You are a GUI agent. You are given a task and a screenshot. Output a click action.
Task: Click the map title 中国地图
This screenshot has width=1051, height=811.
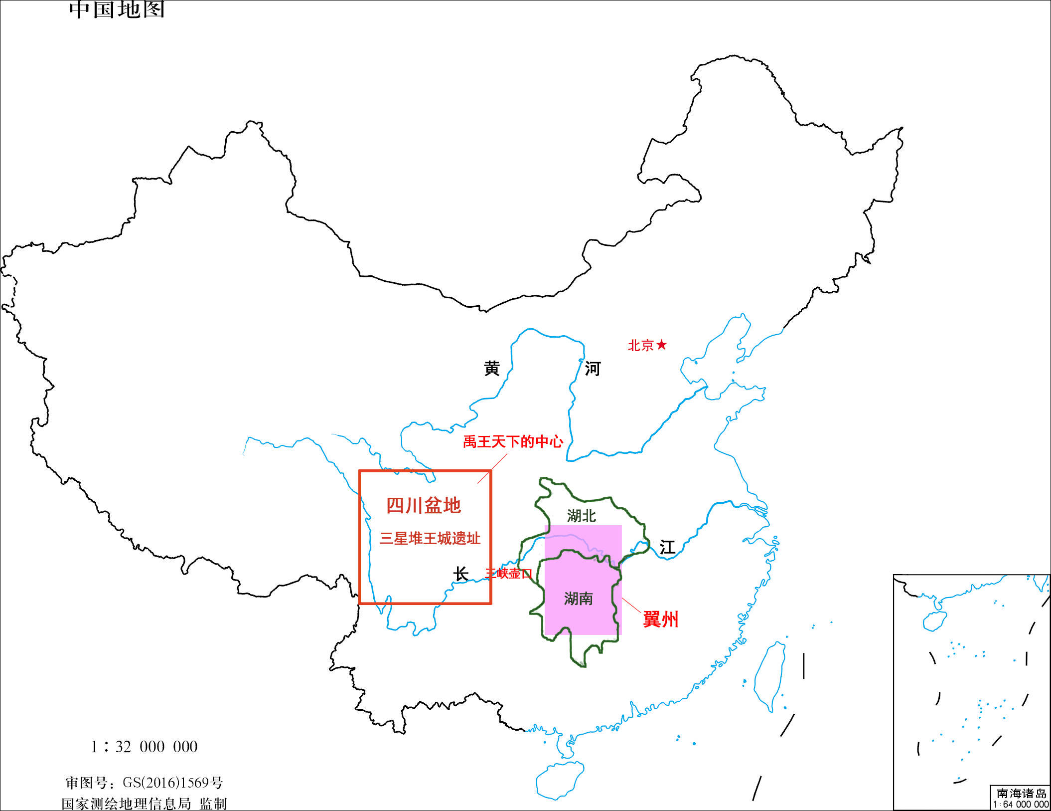pyautogui.click(x=117, y=9)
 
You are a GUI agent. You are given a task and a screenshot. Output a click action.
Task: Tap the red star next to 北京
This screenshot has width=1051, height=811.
pyautogui.click(x=661, y=345)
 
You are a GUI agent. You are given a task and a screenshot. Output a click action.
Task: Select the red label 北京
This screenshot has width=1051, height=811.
pyautogui.click(x=641, y=345)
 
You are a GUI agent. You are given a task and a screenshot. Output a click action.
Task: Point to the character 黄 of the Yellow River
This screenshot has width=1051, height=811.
pyautogui.click(x=492, y=369)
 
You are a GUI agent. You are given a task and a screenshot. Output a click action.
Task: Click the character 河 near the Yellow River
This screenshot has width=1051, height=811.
pyautogui.click(x=593, y=369)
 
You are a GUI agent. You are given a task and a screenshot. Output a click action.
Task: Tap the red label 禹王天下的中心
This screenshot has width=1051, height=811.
pyautogui.click(x=513, y=441)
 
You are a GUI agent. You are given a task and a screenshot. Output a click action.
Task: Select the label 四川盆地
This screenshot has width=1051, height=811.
pyautogui.click(x=424, y=506)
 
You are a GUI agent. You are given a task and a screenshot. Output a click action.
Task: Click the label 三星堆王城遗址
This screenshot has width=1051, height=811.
pyautogui.click(x=430, y=538)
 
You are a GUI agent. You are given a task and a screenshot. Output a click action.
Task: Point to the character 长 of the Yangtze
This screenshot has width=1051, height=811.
pyautogui.click(x=460, y=574)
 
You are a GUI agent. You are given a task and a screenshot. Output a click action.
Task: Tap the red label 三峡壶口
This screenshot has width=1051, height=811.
pyautogui.click(x=509, y=574)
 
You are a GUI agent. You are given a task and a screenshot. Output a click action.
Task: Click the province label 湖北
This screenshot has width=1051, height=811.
pyautogui.click(x=582, y=516)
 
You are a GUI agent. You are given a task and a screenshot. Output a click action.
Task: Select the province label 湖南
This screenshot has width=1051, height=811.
pyautogui.click(x=579, y=598)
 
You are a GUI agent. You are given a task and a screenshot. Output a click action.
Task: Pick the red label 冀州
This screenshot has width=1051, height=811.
pyautogui.click(x=661, y=619)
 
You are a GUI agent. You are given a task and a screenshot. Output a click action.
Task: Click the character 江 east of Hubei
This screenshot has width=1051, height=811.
pyautogui.click(x=667, y=548)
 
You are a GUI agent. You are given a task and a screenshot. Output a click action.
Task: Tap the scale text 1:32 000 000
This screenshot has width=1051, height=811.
pyautogui.click(x=144, y=747)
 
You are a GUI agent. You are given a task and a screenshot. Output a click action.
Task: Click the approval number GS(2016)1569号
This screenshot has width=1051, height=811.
pyautogui.click(x=144, y=783)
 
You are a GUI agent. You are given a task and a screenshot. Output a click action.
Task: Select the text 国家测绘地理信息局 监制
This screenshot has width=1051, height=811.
pyautogui.click(x=144, y=804)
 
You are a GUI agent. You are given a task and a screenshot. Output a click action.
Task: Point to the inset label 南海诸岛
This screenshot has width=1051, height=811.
pyautogui.click(x=1022, y=793)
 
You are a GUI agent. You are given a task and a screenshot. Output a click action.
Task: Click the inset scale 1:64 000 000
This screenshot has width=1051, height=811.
pyautogui.click(x=1021, y=804)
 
